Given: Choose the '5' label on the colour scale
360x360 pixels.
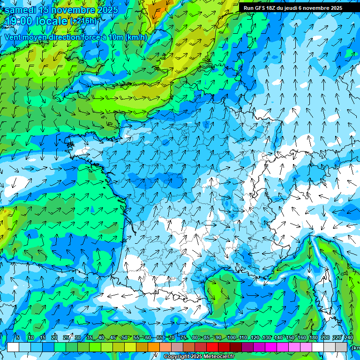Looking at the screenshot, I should pyautogui.click(x=17, y=337).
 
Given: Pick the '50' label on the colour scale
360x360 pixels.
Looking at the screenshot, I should pyautogui.click(x=125, y=337).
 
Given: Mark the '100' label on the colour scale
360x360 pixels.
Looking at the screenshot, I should pyautogui.click(x=231, y=337).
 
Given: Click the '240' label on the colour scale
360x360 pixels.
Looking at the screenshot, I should pyautogui.click(x=349, y=337).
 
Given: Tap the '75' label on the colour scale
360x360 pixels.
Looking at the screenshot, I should pyautogui.click(x=183, y=337).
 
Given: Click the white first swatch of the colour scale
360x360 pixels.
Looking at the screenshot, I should pyautogui.click(x=13, y=347).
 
